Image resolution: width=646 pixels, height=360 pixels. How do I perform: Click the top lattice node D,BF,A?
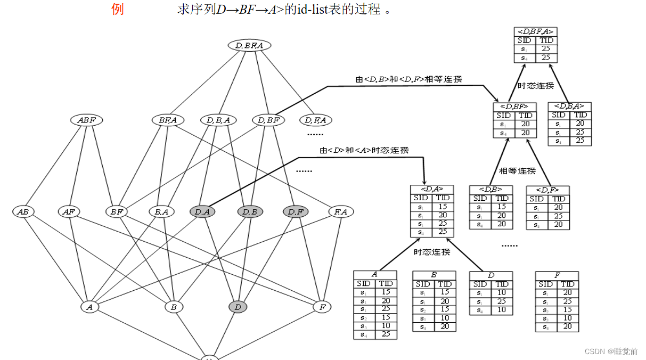point(249,45)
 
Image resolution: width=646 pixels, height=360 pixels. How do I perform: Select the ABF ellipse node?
point(86,120)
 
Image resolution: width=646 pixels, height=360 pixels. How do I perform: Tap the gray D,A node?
point(202,212)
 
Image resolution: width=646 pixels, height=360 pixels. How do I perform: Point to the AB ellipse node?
point(23,212)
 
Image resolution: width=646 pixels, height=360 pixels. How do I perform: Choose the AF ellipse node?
point(68,212)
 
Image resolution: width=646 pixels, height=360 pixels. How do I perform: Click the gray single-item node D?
point(238,307)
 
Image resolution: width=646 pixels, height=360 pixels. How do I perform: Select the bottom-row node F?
point(322,307)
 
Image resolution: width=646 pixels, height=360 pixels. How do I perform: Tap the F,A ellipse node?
point(341,212)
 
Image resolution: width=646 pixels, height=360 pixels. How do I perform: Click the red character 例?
point(118,10)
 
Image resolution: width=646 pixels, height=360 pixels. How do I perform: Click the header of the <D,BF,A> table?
point(536,31)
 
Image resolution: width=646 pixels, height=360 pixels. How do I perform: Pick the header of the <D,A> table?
point(432,189)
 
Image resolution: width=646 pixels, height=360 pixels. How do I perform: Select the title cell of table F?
point(557,275)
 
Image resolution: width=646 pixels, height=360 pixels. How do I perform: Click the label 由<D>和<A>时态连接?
point(364,151)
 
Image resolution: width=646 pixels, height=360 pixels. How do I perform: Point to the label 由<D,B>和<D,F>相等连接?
point(408,79)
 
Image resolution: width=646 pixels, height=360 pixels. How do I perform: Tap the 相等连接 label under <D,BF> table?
point(517,171)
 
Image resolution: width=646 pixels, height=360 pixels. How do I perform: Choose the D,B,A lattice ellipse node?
point(218,120)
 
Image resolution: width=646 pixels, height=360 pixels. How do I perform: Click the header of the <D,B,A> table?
point(569,107)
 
